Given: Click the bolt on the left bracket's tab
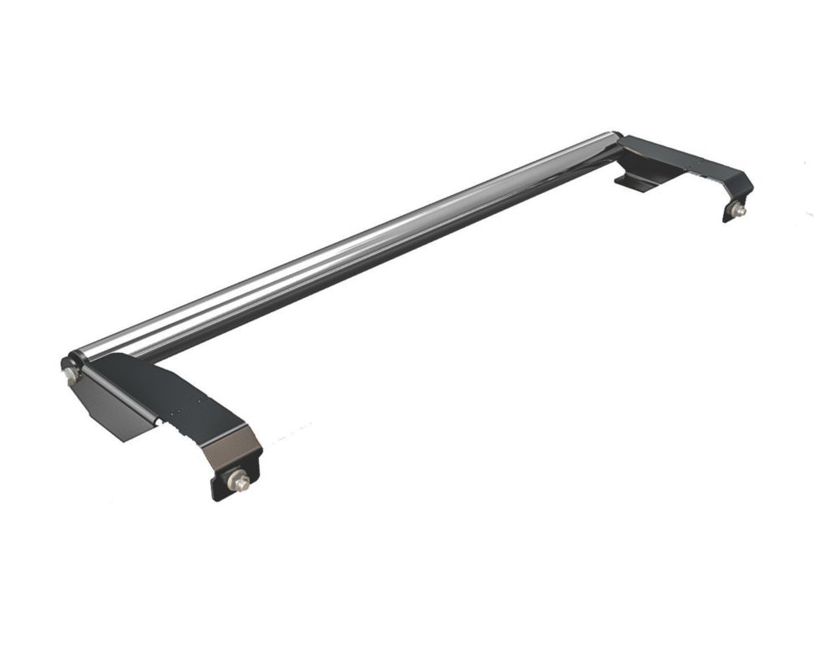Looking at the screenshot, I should (236, 481).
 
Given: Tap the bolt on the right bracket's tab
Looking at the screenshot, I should (738, 212).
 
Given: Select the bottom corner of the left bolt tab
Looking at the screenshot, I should (219, 496).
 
